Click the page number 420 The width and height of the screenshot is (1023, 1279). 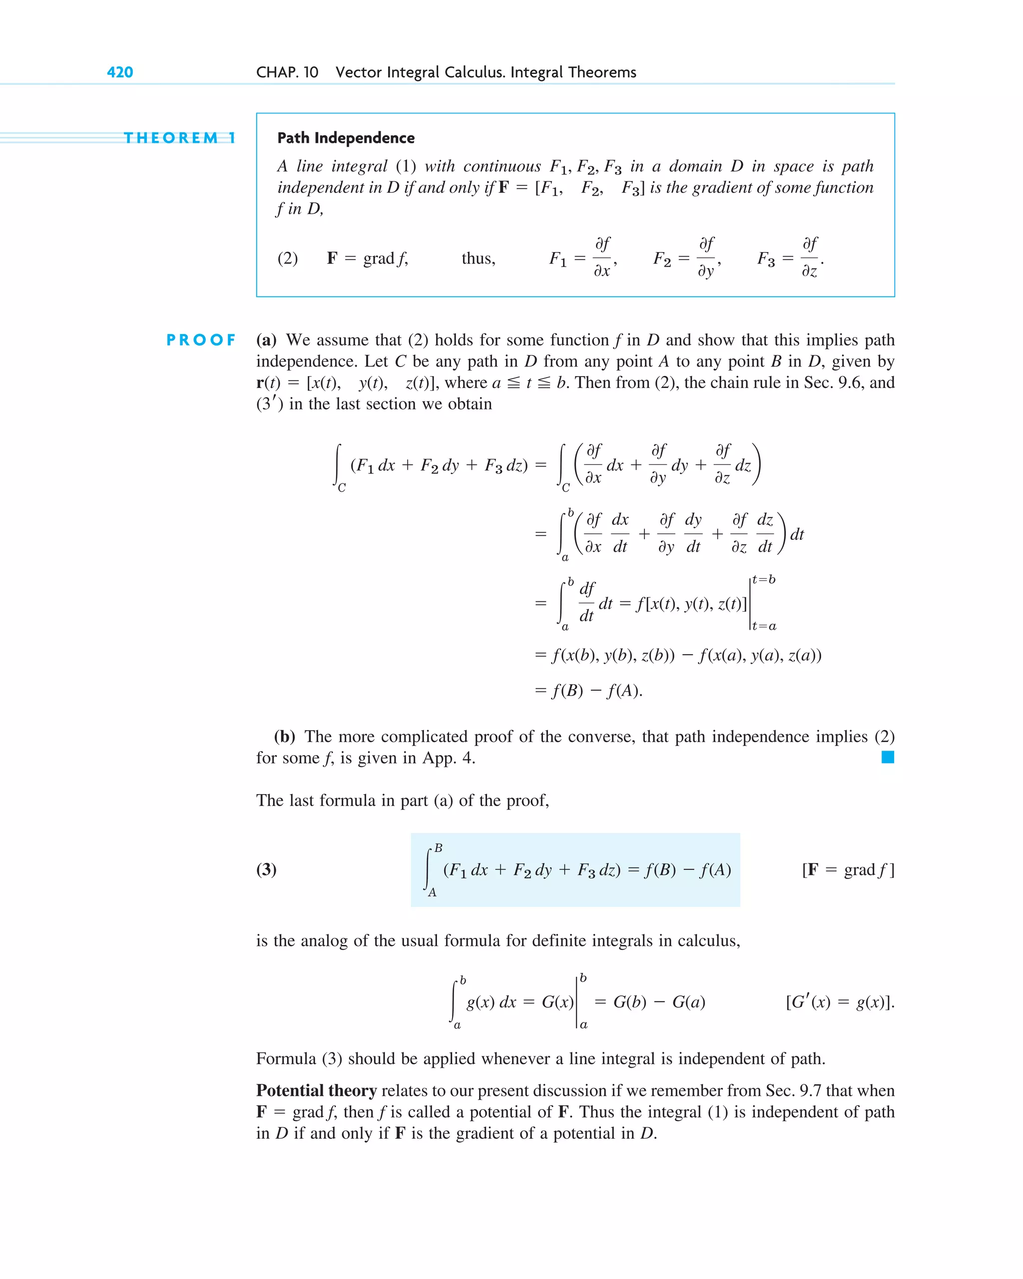click(120, 72)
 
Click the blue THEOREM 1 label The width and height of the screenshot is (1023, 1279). click(179, 138)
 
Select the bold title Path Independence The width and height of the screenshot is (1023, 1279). click(346, 138)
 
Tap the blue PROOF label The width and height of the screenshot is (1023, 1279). click(201, 340)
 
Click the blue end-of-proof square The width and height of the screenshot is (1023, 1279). click(888, 757)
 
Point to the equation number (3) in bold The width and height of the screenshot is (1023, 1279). click(266, 869)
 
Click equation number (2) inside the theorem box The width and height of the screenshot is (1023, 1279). click(288, 259)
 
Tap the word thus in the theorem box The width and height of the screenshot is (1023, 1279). click(478, 259)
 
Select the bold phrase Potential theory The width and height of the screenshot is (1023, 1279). click(316, 1090)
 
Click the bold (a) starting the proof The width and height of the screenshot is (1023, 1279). click(266, 340)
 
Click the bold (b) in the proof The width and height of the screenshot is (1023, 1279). click(284, 737)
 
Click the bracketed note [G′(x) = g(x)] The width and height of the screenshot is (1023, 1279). click(840, 1002)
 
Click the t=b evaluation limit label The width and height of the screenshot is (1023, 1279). click(764, 580)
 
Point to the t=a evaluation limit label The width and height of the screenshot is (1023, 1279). click(764, 626)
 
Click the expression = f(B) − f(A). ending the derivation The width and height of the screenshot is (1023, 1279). click(588, 691)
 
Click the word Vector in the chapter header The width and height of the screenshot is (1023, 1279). click(359, 72)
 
